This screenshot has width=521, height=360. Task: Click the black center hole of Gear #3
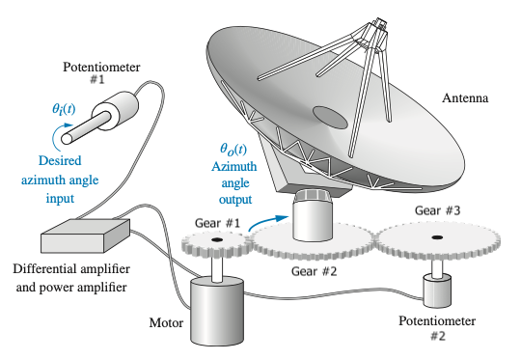click(x=436, y=237)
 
